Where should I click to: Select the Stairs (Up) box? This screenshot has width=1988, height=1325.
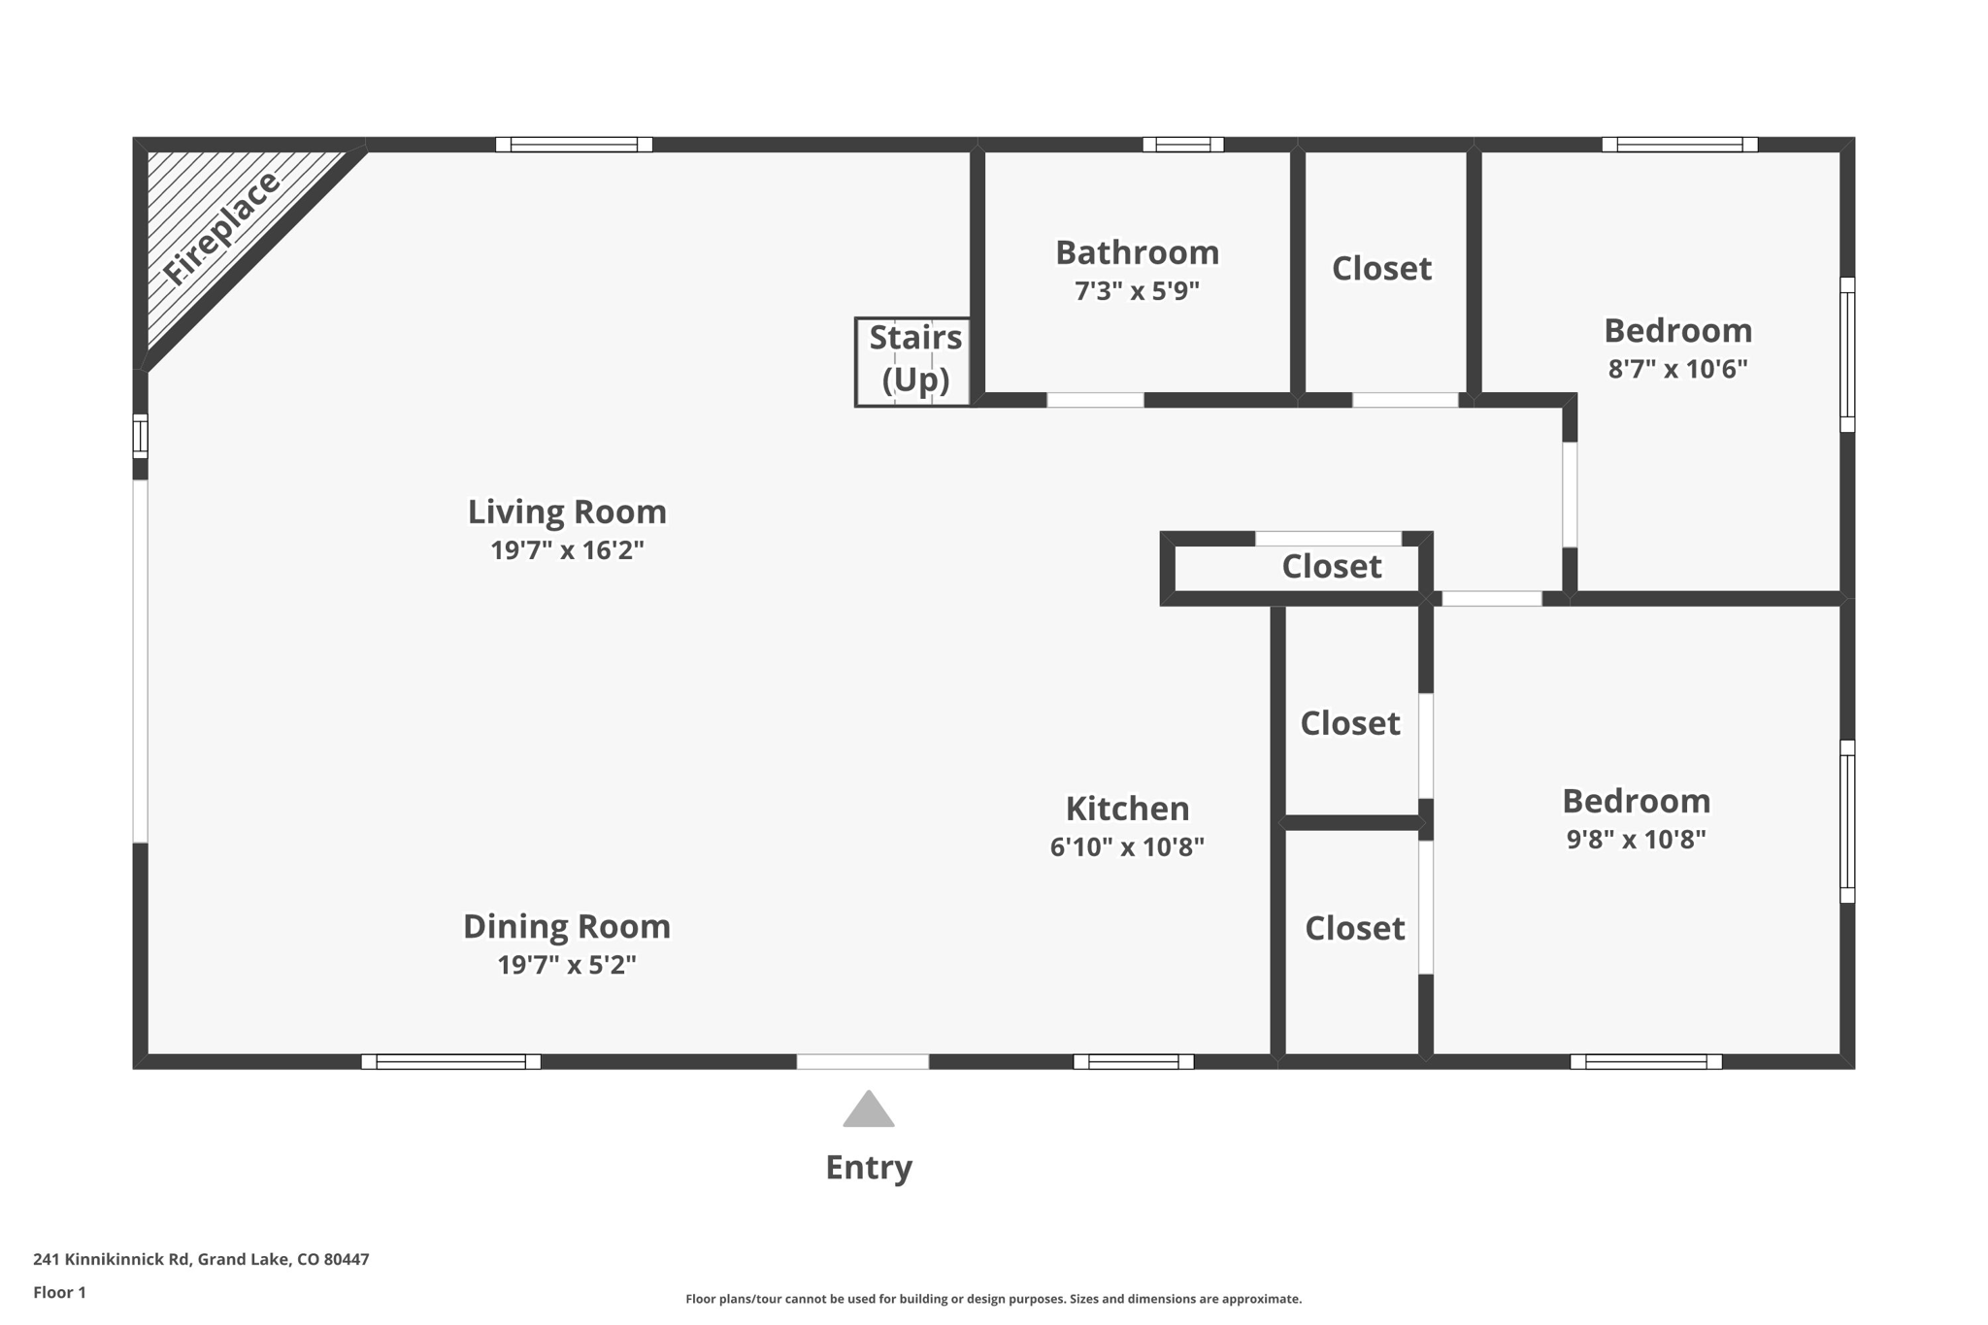[x=913, y=362]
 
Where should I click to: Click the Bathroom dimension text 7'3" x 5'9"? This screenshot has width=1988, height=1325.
[x=1137, y=291]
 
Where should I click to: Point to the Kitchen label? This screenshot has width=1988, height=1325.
[x=1127, y=809]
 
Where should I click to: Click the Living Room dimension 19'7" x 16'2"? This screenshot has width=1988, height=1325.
[x=567, y=550]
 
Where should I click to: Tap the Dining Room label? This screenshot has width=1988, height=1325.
[x=567, y=926]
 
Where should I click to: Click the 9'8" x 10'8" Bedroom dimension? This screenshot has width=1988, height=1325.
[x=1636, y=840]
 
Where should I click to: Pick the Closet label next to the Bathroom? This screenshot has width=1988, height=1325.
[x=1381, y=269]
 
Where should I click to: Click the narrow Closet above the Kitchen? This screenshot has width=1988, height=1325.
[x=1331, y=567]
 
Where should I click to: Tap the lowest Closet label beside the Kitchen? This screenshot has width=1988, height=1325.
[x=1354, y=929]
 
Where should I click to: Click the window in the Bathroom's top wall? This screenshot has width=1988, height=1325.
[x=1182, y=145]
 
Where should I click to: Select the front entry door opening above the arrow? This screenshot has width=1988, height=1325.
[x=862, y=1061]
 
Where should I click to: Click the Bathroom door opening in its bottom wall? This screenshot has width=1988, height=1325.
[x=1095, y=400]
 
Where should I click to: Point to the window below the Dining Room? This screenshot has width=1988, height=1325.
[x=450, y=1061]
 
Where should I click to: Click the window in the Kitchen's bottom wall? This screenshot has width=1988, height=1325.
[x=1133, y=1061]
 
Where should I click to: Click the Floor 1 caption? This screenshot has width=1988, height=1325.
[x=59, y=1292]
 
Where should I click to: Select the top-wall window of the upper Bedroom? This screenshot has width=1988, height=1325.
[x=1679, y=145]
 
